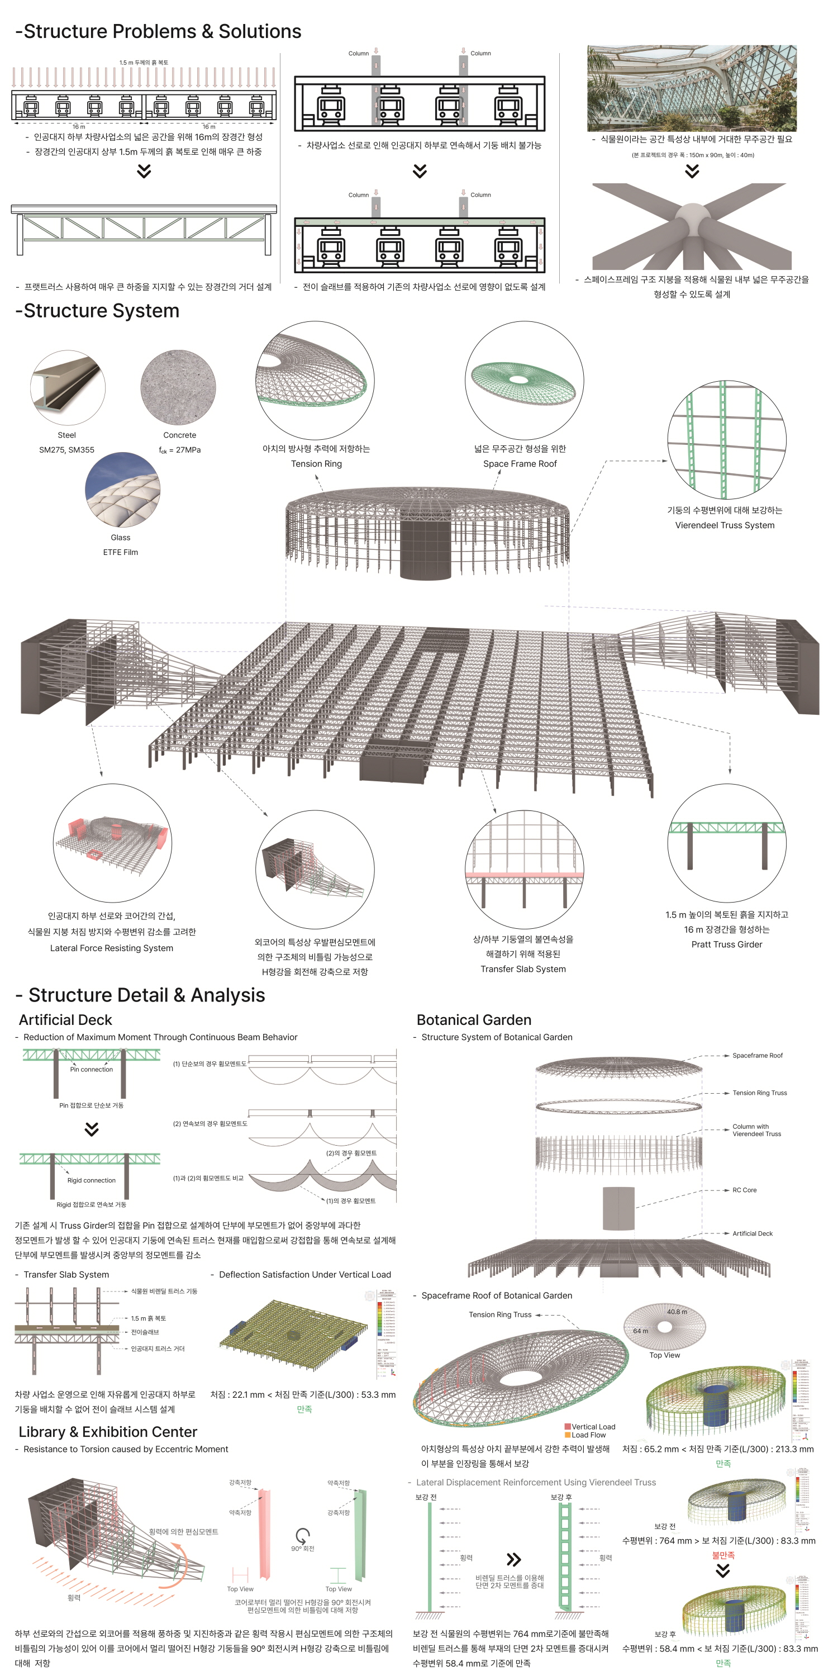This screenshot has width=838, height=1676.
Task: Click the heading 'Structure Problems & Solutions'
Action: tap(158, 31)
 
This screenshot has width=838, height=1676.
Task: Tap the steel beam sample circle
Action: tap(68, 388)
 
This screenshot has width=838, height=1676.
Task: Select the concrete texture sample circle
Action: tap(178, 388)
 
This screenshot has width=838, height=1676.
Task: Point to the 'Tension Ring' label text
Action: tap(316, 464)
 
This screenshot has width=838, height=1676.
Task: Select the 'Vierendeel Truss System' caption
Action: tap(724, 525)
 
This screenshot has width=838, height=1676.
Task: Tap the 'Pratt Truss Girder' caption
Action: tap(726, 944)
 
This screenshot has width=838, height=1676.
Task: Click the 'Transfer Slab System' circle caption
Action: tap(522, 969)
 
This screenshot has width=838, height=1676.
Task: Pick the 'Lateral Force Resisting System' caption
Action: tap(111, 948)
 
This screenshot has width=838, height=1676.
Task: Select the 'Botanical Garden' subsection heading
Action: tap(474, 1019)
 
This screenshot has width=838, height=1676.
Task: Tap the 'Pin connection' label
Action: tap(91, 1069)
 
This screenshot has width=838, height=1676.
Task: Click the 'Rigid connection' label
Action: tap(91, 1180)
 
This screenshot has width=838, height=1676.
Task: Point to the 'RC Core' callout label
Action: tap(744, 1190)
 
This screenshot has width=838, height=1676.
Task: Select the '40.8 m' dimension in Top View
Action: tap(676, 1312)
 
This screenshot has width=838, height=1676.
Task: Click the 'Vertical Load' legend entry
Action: tap(592, 1427)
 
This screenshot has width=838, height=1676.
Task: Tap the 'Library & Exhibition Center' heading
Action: tap(107, 1432)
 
